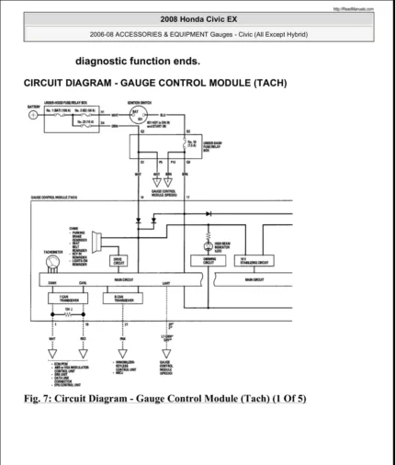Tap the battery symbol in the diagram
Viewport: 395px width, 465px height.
[x=34, y=115]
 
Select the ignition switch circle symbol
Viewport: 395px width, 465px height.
[x=138, y=115]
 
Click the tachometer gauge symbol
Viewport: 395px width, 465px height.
[x=53, y=262]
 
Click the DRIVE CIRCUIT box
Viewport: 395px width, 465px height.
[x=120, y=260]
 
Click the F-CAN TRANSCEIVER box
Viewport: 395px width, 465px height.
[x=68, y=298]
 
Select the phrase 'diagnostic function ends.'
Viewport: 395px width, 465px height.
[x=138, y=62]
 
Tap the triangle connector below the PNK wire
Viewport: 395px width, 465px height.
[x=123, y=352]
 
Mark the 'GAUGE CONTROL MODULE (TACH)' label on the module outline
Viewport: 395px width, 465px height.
[x=54, y=196]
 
